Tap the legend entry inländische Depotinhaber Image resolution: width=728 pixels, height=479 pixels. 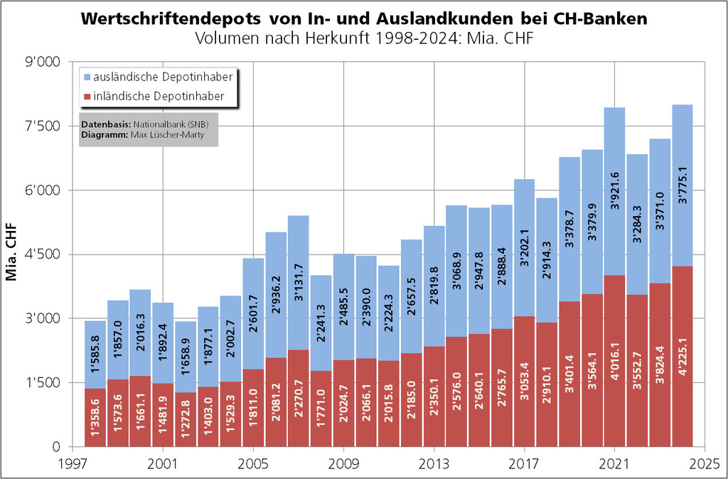tap(159, 95)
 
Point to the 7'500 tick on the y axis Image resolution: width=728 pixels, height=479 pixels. tap(43, 127)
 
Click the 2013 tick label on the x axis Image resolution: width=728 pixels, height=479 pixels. tap(434, 463)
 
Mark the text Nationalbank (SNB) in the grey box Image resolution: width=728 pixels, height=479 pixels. tap(173, 124)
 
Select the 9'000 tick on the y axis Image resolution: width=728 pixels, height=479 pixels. tap(43, 63)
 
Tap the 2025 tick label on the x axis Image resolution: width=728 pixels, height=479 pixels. tap(705, 463)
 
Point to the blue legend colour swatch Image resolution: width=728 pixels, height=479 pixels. tap(87, 75)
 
